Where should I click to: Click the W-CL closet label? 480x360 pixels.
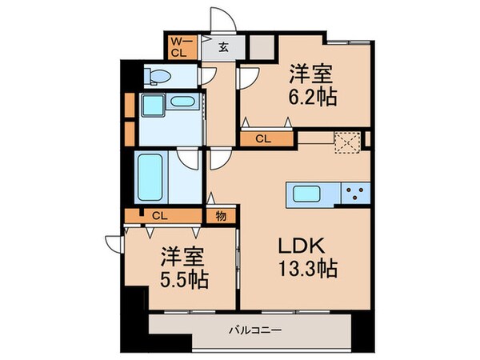pyautogui.click(x=181, y=46)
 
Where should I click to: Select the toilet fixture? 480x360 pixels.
pyautogui.click(x=158, y=76)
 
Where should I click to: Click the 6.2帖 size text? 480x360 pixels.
pyautogui.click(x=311, y=97)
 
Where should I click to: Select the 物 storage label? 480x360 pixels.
pyautogui.click(x=220, y=215)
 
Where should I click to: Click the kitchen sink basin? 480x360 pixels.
pyautogui.click(x=306, y=194)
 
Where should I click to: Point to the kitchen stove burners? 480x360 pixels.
pyautogui.click(x=356, y=194)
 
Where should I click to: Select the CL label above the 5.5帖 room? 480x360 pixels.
pyautogui.click(x=158, y=215)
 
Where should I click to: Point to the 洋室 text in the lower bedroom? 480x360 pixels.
pyautogui.click(x=183, y=258)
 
